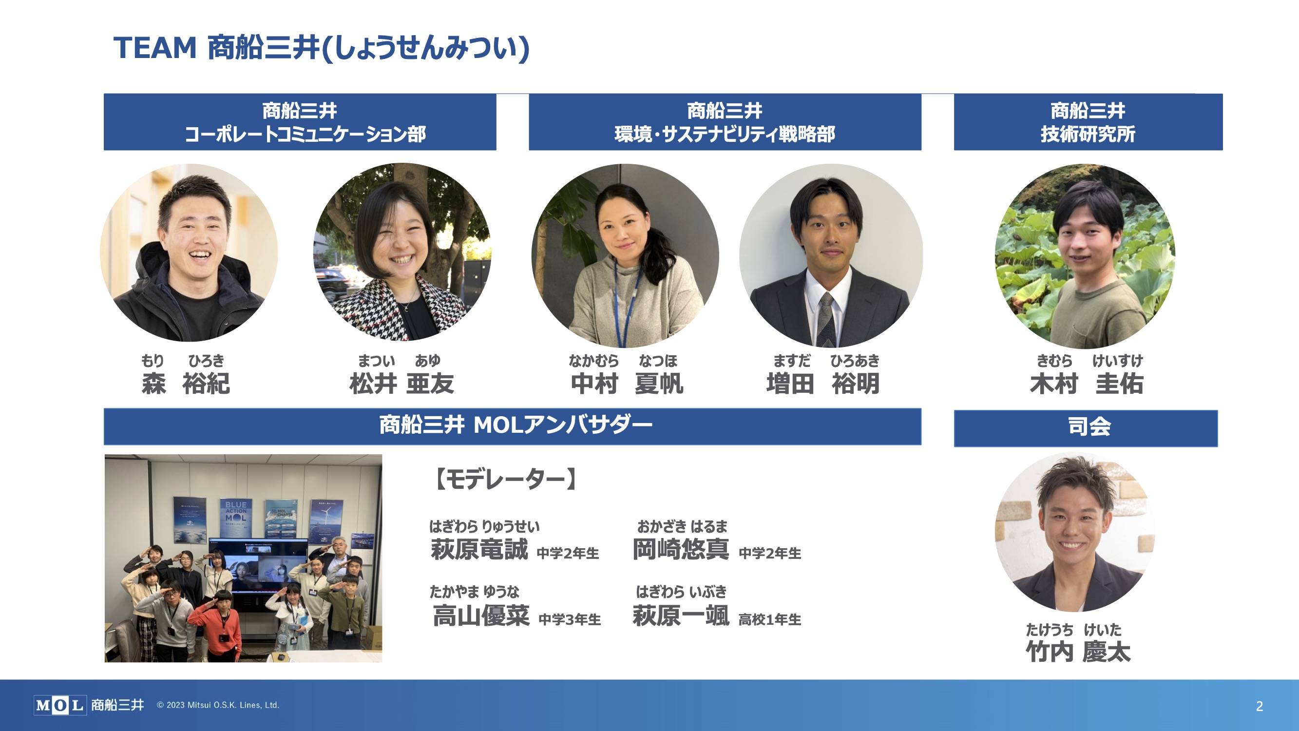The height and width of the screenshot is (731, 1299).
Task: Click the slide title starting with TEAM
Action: tap(321, 49)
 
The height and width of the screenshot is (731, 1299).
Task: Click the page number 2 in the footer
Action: tap(1259, 706)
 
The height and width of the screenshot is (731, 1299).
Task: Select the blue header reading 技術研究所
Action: tap(1088, 122)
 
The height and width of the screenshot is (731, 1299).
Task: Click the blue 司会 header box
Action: tap(1086, 428)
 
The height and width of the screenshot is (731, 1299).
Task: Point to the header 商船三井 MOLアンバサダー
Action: tap(512, 426)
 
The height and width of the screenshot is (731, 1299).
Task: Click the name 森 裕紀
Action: tap(186, 384)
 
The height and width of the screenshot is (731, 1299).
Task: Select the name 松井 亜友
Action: tap(401, 384)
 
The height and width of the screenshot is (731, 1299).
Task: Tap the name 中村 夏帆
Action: tap(627, 384)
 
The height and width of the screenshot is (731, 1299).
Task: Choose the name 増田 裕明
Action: tap(823, 384)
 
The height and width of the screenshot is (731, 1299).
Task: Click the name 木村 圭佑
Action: tap(1087, 384)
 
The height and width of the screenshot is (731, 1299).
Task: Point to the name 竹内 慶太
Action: tap(1078, 652)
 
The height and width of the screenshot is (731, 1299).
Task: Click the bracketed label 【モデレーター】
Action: tap(505, 479)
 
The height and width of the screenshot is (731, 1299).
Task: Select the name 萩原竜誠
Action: tap(479, 549)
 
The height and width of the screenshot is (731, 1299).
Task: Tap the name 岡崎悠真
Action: tap(681, 549)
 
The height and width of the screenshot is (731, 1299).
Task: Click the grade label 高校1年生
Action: tap(769, 619)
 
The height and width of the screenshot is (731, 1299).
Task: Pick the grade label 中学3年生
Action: tap(570, 619)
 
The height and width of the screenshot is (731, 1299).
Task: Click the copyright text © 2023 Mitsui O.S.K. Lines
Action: tap(218, 705)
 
